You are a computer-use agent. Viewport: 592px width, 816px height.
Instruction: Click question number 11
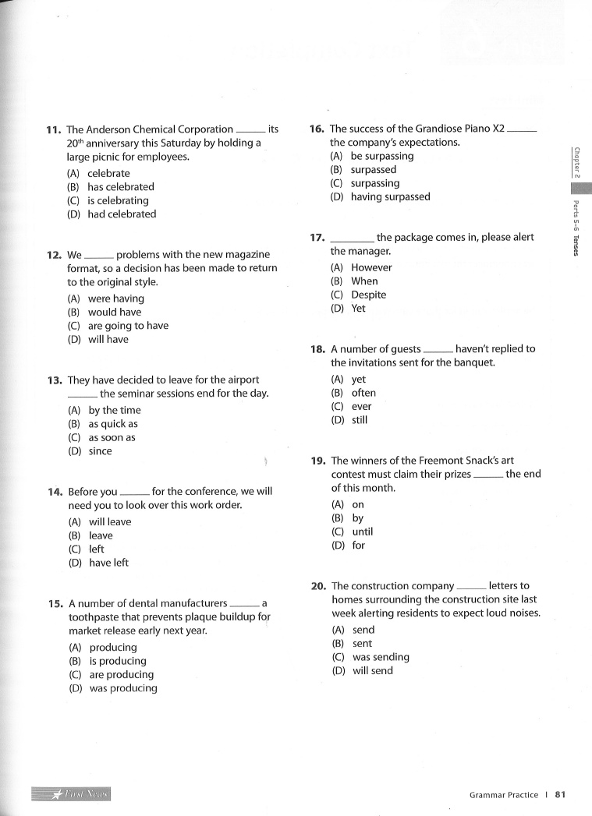[55, 129]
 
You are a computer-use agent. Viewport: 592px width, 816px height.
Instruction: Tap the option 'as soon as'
[112, 438]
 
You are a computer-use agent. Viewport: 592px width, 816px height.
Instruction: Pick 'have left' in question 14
[108, 563]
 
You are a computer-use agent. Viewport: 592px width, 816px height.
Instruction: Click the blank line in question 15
[244, 604]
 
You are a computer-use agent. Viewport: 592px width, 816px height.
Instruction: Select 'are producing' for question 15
[121, 675]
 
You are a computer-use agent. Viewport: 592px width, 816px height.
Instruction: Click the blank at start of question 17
[353, 238]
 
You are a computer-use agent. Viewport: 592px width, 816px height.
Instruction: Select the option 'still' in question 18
[360, 420]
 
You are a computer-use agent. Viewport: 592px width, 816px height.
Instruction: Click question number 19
[318, 461]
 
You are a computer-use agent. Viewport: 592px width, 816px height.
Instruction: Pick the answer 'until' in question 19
[363, 532]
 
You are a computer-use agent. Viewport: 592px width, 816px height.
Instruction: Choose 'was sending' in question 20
[381, 657]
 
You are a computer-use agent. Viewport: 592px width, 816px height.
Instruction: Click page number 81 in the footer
[559, 795]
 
